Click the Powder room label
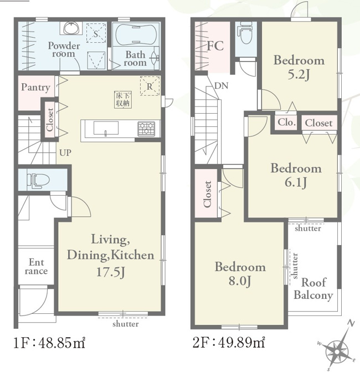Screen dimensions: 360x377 point(64,49)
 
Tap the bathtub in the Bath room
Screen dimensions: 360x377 point(136,34)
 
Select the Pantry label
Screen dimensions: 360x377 point(35,87)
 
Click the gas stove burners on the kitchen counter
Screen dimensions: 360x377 point(146,129)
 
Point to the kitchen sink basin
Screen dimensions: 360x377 point(106,128)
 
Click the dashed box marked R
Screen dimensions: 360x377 point(150,86)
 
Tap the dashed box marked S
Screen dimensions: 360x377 point(96,33)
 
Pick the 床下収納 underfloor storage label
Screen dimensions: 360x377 point(123,99)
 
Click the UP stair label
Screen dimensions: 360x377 point(65,152)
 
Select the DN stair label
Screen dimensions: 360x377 point(221,85)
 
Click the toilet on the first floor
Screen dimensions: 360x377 point(38,180)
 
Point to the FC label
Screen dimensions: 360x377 point(215,45)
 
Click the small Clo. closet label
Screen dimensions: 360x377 point(286,123)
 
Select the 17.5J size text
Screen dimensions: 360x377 point(111,272)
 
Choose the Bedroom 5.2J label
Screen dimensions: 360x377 point(299,67)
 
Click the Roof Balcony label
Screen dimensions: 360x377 point(313,288)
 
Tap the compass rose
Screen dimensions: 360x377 point(337,351)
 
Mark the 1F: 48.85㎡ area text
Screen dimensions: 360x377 point(49,343)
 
